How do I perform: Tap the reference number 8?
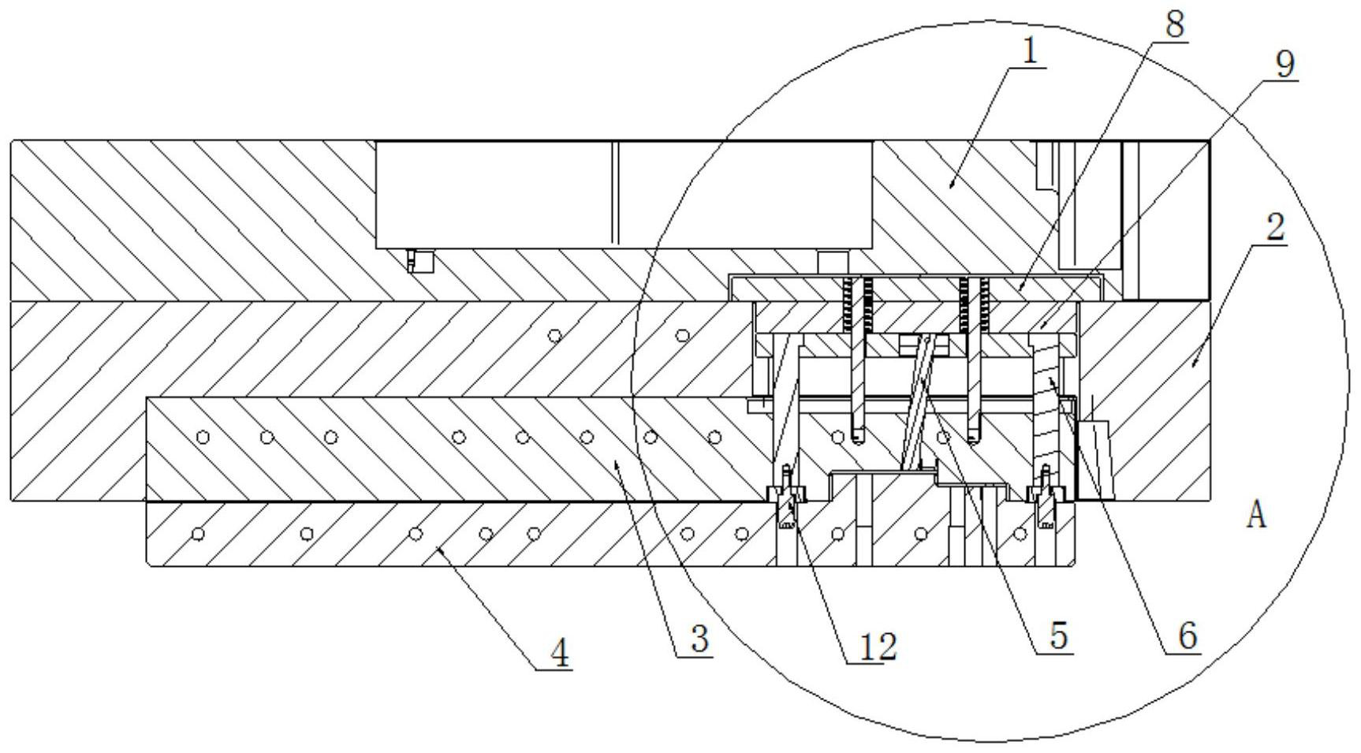pos(1174,24)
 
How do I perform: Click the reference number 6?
pos(1188,636)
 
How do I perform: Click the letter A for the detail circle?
pos(1256,516)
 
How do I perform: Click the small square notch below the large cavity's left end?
pos(422,260)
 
